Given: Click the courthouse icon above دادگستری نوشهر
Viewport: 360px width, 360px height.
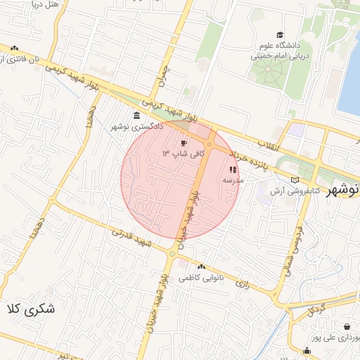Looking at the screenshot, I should [136, 116].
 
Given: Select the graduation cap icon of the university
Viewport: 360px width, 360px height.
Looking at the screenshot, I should [281, 35].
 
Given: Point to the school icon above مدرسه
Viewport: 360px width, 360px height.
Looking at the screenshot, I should [233, 169].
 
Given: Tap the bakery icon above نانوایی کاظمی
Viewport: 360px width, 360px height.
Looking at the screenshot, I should [202, 267].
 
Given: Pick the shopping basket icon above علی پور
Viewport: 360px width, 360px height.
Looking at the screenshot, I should [347, 326].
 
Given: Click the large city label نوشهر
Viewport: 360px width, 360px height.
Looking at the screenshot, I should [346, 190].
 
